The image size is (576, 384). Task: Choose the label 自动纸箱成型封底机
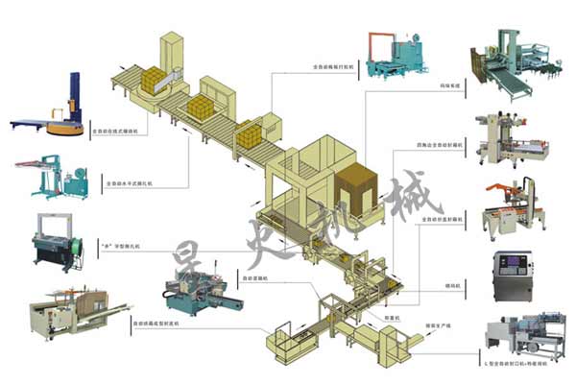[156, 324]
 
